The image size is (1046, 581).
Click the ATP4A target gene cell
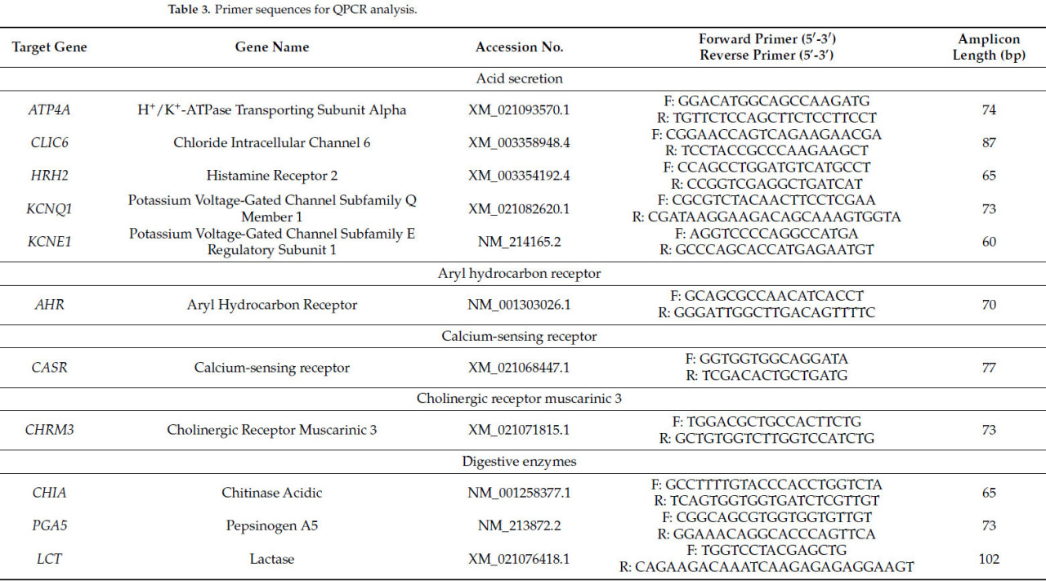tap(49, 110)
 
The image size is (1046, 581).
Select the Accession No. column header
tap(519, 47)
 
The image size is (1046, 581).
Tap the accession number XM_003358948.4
tap(519, 143)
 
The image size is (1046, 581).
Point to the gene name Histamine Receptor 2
tap(272, 176)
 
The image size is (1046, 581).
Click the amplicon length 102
tap(989, 559)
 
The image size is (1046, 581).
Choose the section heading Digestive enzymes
tap(519, 462)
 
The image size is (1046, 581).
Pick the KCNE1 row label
tap(49, 242)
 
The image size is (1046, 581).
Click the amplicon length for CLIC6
tap(989, 143)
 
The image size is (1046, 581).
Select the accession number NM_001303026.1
tap(519, 305)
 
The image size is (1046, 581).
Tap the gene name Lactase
tap(272, 559)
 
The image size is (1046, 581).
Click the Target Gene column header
tap(49, 47)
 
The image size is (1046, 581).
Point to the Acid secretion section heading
tap(519, 79)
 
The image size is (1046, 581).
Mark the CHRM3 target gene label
tap(49, 430)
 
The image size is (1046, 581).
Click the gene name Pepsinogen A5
tap(272, 526)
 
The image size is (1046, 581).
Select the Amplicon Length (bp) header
tap(989, 47)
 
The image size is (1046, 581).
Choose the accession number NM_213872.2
tap(519, 526)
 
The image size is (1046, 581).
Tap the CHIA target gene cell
tap(49, 493)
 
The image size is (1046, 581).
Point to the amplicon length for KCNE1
tap(989, 242)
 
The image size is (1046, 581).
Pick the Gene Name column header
tap(272, 47)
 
